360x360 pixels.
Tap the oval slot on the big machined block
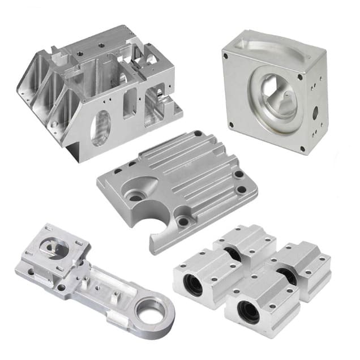101,127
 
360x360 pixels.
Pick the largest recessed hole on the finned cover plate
136,196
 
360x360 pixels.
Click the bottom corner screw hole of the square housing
303,148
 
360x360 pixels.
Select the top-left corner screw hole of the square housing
226,55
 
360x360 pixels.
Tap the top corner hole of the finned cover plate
196,134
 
